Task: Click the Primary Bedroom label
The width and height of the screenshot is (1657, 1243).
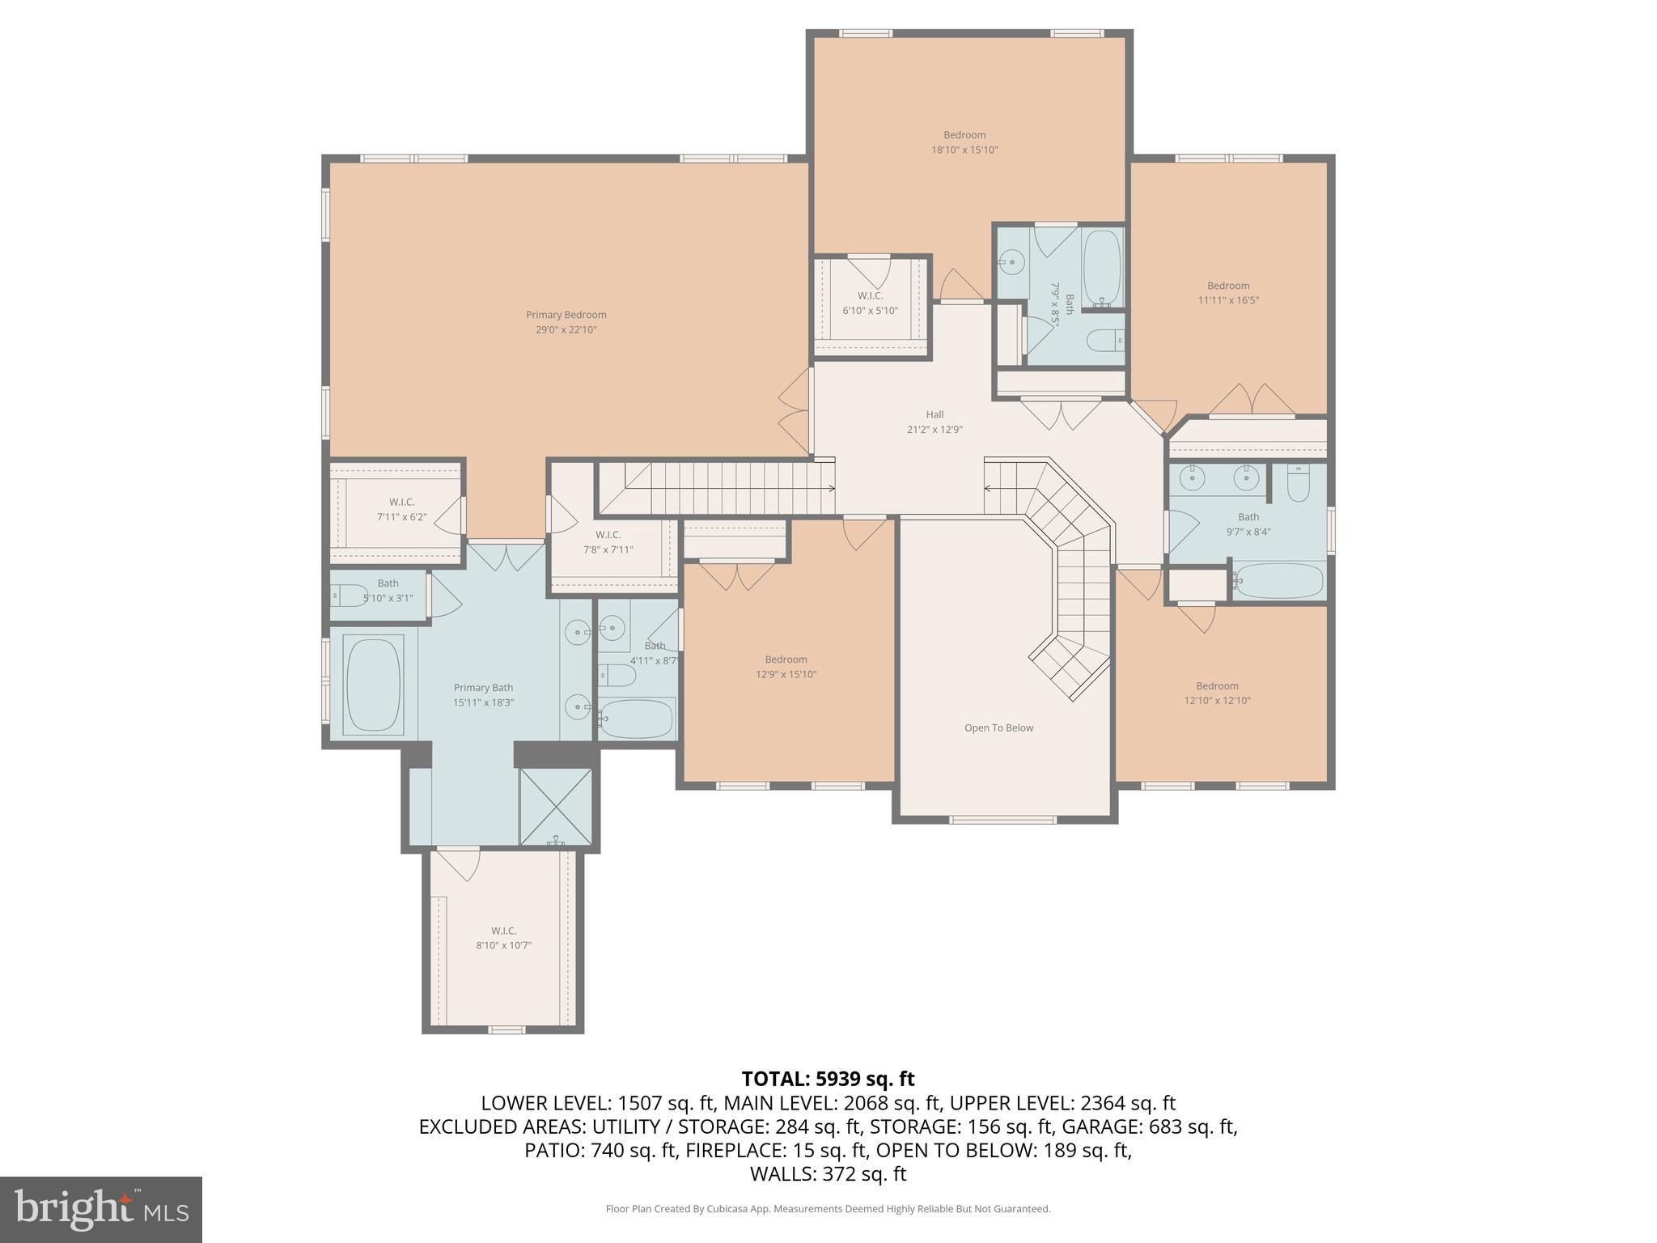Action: [566, 315]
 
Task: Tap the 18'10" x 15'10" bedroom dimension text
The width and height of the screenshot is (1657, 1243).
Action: [964, 150]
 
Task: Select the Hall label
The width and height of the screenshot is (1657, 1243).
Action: [934, 414]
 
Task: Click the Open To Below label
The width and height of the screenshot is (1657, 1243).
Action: [998, 728]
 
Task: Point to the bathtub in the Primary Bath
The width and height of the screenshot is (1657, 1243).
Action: [374, 685]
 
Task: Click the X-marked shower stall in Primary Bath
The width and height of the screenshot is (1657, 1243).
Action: [556, 807]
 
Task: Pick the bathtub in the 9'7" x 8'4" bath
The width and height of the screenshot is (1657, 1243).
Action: [1279, 580]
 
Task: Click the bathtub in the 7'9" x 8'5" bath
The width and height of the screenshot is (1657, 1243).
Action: [1101, 267]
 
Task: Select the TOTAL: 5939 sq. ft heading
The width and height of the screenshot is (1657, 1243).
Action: [828, 1079]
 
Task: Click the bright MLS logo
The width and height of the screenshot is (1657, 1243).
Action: [100, 1209]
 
